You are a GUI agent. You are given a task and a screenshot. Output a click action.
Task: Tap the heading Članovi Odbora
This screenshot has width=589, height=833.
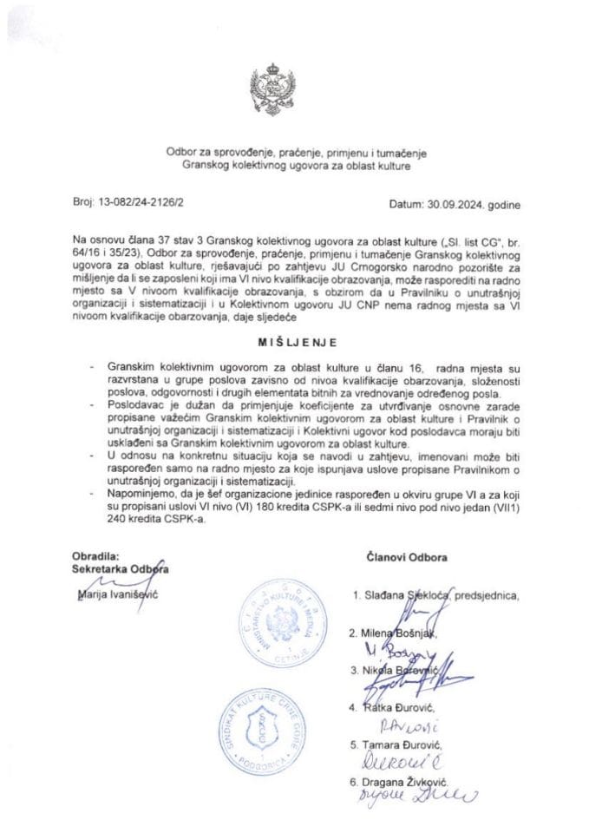click(407, 557)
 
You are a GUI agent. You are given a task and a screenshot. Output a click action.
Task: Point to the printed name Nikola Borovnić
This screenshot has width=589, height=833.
click(404, 671)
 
